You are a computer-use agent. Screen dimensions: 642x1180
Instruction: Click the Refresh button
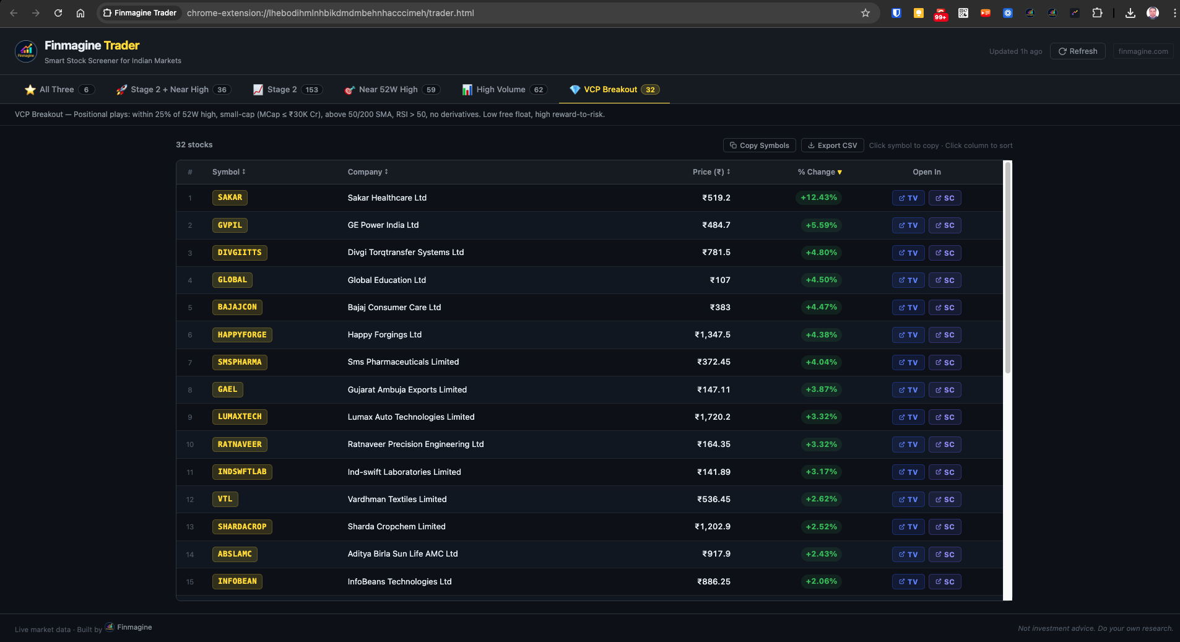[1077, 51]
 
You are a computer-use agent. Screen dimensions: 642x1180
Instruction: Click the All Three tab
[59, 90]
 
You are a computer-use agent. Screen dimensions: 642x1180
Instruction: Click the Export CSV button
[832, 145]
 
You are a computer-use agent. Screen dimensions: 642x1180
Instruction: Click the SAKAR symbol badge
[230, 197]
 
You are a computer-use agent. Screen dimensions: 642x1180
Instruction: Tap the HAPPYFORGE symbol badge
[242, 335]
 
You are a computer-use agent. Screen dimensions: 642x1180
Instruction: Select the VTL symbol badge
[225, 499]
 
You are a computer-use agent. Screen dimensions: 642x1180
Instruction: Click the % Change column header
[819, 172]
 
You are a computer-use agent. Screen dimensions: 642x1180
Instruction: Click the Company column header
[367, 172]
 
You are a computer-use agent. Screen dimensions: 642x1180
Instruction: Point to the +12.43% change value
[818, 197]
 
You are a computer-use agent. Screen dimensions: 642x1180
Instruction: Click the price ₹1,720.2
[712, 417]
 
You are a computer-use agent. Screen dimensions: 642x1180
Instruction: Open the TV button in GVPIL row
[908, 225]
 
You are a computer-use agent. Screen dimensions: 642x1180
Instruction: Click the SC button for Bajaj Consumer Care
[945, 308]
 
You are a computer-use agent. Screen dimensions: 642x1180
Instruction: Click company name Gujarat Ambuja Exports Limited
[407, 390]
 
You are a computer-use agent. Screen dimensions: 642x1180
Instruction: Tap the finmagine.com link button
[1143, 51]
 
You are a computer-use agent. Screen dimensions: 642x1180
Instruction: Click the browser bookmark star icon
[865, 13]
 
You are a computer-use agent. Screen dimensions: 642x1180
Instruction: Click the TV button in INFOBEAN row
[908, 582]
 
